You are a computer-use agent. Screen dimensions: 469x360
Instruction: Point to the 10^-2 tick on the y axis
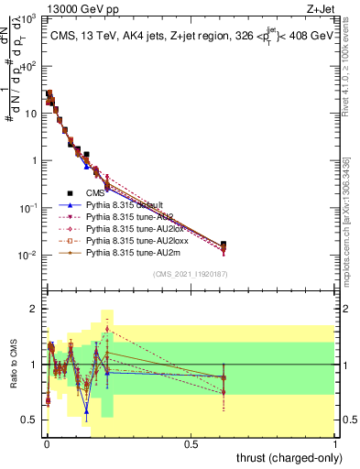coord(30,255)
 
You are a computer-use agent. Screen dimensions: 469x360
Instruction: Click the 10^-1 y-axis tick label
coord(30,208)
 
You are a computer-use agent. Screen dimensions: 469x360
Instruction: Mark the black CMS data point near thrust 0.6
coord(224,245)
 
